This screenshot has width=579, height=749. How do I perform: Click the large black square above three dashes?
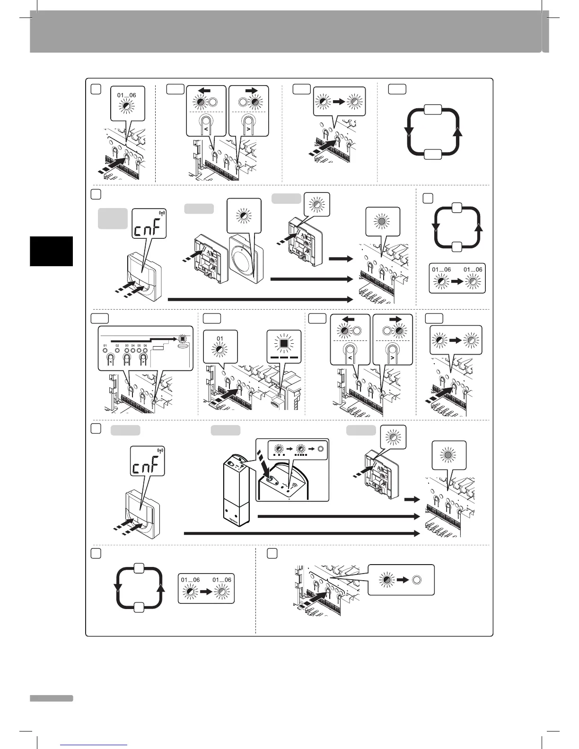point(284,344)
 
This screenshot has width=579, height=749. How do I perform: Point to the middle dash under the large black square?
point(284,358)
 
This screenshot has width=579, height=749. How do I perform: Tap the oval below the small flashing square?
point(182,345)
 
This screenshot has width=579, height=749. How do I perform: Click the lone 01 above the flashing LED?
point(220,339)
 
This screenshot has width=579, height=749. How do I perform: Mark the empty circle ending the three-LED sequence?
point(320,448)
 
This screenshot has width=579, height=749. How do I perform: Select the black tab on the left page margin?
point(51,251)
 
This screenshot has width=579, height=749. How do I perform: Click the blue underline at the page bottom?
point(95,745)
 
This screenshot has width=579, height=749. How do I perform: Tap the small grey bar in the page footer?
point(51,698)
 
